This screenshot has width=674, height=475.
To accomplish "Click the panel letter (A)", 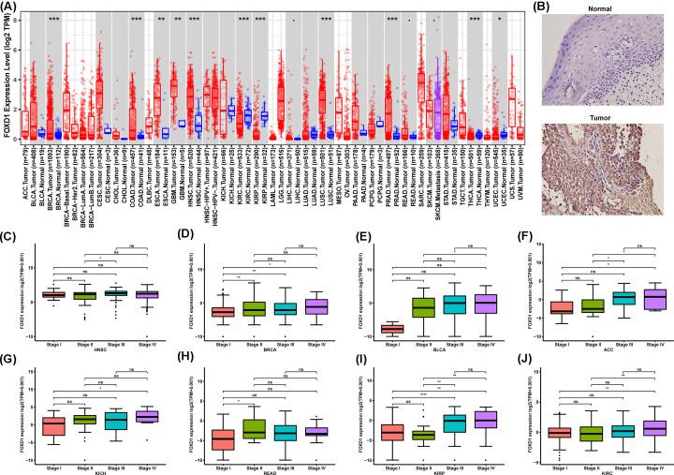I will [8, 7].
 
